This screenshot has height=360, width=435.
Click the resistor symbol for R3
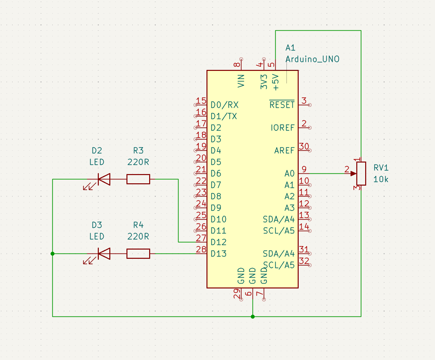point(138,179)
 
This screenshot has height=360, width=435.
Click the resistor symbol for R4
point(138,254)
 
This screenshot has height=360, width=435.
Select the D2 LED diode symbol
point(104,179)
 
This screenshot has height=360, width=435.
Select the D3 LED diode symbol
point(104,254)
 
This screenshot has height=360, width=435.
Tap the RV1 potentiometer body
point(361,173)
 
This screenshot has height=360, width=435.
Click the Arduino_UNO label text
point(312,59)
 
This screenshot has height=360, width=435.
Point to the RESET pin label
point(282,105)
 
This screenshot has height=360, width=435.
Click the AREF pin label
point(284,151)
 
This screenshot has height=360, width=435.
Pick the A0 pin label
point(289,173)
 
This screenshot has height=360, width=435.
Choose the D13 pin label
point(219,254)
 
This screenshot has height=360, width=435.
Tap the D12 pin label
point(219,242)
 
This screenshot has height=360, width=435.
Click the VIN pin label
point(241,81)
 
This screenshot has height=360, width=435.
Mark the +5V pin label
point(276,82)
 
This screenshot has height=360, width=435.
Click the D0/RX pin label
point(225,105)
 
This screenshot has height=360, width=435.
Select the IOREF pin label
point(283,128)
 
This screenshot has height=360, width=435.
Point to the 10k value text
point(381,179)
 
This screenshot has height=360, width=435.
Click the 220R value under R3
point(138,162)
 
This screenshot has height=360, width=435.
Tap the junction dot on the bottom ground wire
point(253,316)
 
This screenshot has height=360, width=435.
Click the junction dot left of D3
point(53,254)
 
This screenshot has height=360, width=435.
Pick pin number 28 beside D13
point(201,249)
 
